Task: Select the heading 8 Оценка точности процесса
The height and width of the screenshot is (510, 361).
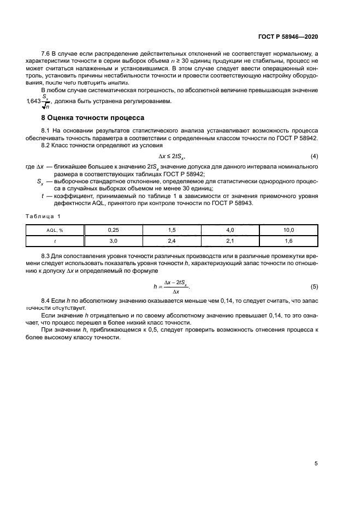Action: click(93, 117)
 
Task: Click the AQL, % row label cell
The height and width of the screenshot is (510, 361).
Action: click(56, 230)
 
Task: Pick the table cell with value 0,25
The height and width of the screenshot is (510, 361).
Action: click(114, 230)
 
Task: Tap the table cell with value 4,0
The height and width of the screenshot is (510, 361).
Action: click(230, 230)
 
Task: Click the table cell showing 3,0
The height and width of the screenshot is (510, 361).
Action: click(114, 240)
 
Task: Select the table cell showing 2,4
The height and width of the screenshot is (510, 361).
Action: click(171, 240)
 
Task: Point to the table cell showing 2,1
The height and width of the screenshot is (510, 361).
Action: click(230, 240)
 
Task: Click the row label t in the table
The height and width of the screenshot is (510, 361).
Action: click(56, 240)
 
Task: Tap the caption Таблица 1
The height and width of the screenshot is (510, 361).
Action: click(44, 217)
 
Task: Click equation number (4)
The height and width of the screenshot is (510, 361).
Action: click(314, 157)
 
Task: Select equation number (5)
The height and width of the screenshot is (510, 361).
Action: click(314, 286)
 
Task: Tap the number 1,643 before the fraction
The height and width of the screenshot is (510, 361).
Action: click(34, 101)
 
